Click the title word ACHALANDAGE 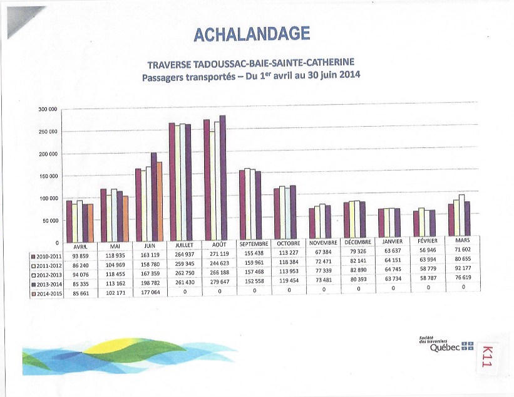[252, 34]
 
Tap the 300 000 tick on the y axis [48, 110]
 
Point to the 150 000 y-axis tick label [48, 176]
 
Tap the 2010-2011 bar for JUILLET [172, 182]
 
